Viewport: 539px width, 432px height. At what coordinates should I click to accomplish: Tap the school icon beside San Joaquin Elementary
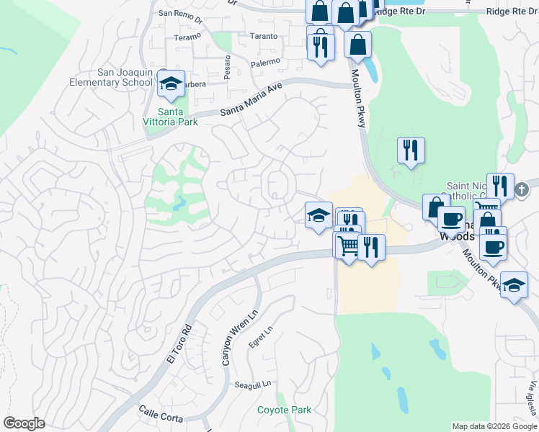[171, 85]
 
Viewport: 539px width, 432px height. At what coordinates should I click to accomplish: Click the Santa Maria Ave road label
[251, 100]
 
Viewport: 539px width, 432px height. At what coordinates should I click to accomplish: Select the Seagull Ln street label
[254, 384]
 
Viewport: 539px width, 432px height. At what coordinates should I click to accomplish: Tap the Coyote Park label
[285, 410]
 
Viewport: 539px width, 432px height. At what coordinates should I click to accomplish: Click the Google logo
[24, 423]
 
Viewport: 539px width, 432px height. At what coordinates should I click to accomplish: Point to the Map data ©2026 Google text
[494, 426]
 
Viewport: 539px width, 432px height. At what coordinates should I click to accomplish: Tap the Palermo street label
[265, 63]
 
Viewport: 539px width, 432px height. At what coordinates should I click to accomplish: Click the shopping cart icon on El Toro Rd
[347, 246]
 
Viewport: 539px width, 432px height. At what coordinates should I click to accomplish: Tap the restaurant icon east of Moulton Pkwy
[411, 150]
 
